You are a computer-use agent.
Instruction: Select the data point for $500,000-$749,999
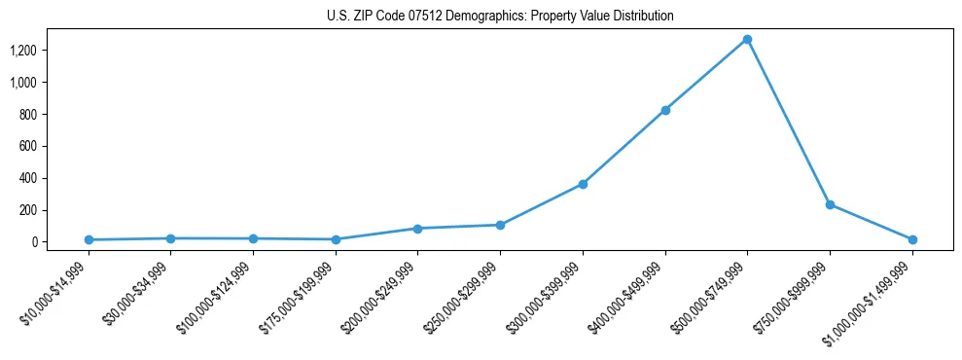747,40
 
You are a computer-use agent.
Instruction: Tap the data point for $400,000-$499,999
665,110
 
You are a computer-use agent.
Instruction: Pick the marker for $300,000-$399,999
583,184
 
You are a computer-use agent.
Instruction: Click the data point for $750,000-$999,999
830,204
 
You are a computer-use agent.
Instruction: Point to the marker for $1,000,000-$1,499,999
912,239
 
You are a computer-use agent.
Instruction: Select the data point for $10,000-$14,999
89,239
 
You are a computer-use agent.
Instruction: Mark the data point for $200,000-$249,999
417,229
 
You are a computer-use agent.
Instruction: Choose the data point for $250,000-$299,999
500,225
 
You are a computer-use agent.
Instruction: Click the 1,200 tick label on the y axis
23,51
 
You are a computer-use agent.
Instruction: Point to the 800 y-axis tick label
27,115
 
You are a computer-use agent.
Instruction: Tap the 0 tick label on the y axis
33,242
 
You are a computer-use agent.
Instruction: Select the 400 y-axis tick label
27,178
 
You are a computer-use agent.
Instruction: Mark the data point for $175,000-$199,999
336,239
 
